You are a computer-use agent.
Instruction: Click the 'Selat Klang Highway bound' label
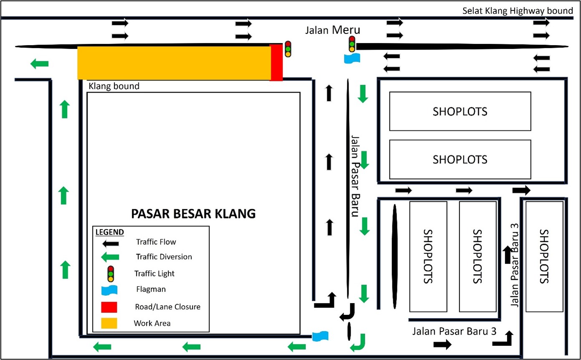click(x=518, y=11)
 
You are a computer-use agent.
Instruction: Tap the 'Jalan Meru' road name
click(x=333, y=30)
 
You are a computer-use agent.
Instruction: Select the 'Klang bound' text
click(x=114, y=86)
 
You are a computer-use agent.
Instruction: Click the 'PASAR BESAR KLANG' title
click(x=193, y=213)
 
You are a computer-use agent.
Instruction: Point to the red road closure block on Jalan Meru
click(x=276, y=63)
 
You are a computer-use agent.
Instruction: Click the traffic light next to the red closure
click(x=288, y=49)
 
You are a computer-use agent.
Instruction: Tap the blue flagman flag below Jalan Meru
click(x=352, y=58)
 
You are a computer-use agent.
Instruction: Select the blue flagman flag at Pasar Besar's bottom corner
click(x=320, y=336)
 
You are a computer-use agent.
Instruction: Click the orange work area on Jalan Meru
click(x=174, y=63)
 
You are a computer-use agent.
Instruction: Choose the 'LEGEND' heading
click(x=109, y=232)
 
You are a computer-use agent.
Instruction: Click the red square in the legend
click(x=109, y=307)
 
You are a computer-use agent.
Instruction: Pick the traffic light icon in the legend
click(x=111, y=274)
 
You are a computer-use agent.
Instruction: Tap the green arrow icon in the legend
click(x=110, y=257)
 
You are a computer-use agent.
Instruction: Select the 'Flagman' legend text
click(x=151, y=289)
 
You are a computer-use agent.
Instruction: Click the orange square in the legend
click(x=109, y=323)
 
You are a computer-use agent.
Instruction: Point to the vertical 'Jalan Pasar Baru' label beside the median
click(x=355, y=176)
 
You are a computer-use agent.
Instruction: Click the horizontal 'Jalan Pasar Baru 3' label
click(x=455, y=332)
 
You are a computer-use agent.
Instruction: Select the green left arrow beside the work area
click(x=39, y=63)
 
